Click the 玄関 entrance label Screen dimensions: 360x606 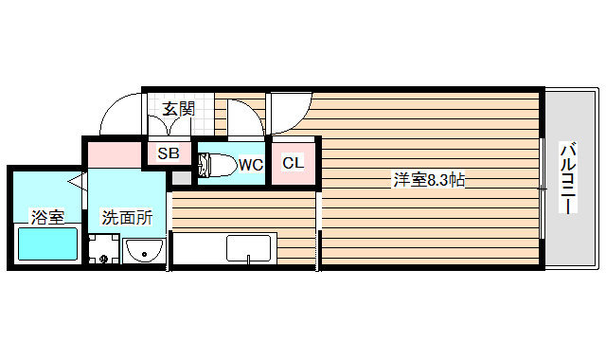click(x=178, y=108)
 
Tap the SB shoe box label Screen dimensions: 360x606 click(x=169, y=153)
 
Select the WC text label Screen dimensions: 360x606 click(x=250, y=165)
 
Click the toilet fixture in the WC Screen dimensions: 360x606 click(x=215, y=165)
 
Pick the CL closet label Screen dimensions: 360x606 click(x=294, y=163)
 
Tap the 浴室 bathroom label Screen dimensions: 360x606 click(x=47, y=217)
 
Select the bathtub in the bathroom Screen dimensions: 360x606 click(x=47, y=245)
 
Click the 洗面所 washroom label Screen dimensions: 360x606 click(x=127, y=217)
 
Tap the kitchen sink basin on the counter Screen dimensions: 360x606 click(x=249, y=249)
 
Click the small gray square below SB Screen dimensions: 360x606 click(x=180, y=178)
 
